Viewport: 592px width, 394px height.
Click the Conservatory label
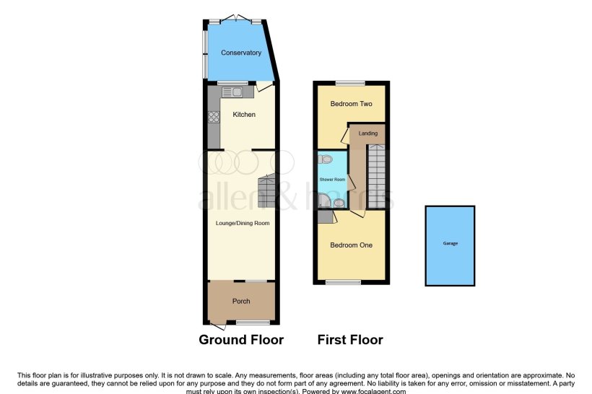pos(240,53)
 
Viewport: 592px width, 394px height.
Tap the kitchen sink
pos(233,92)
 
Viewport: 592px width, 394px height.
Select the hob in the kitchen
pos(214,118)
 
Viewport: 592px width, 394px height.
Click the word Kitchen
pos(243,115)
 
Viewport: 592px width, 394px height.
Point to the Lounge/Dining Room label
pos(243,223)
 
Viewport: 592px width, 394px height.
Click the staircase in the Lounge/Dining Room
pos(266,189)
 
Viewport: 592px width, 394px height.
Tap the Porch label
pos(241,302)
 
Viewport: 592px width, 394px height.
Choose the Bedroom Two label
pos(351,104)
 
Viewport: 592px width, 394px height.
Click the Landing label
pos(368,133)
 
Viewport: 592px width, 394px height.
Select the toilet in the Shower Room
pos(326,159)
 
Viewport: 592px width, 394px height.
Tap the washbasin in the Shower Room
pos(339,203)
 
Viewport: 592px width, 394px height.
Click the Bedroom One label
pos(351,245)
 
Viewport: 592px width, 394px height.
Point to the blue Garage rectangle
pos(450,245)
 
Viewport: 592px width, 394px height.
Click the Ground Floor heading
pos(241,340)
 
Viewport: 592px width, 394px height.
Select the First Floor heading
pos(351,340)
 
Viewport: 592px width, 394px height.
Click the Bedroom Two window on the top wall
pos(351,83)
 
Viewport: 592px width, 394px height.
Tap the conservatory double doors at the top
pos(236,19)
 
